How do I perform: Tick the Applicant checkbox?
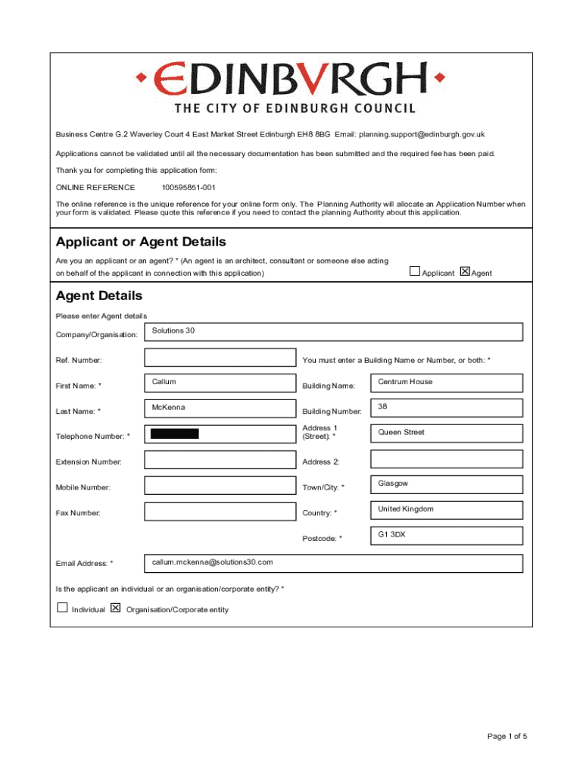coord(414,271)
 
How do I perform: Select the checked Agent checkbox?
coord(465,271)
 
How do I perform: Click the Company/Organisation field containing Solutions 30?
coord(333,332)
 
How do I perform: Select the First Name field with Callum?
coord(220,383)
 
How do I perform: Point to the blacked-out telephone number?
coord(175,433)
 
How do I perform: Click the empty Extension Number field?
coord(220,460)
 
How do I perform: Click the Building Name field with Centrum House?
coord(446,383)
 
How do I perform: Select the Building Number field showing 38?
coord(446,408)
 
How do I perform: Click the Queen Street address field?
coord(446,433)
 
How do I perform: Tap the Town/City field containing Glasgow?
coord(446,484)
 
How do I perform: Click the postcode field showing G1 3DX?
coord(446,536)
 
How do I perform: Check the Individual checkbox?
coord(63,608)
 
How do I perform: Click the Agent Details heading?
coord(99,296)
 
